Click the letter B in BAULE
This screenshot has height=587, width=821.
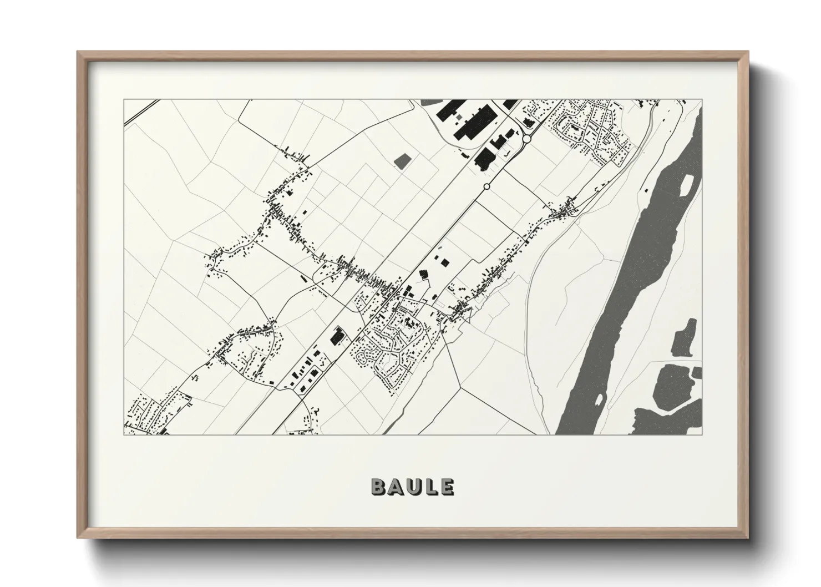379,487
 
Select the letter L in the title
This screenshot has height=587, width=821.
431,487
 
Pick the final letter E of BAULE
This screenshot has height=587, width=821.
447,487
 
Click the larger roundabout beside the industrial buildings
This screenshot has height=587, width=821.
526,139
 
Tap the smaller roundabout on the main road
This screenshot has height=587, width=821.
487,187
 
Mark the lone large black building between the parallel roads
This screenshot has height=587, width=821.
337,336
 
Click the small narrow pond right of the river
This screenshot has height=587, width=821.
682,338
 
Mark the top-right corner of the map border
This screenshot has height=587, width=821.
702,100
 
